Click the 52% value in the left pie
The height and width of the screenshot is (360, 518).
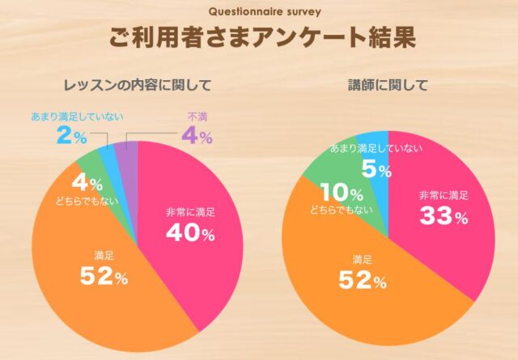click(x=104, y=277)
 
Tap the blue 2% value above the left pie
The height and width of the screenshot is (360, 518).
click(x=71, y=136)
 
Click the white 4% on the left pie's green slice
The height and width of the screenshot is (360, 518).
click(x=87, y=184)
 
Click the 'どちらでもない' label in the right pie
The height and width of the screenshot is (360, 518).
click(x=341, y=210)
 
